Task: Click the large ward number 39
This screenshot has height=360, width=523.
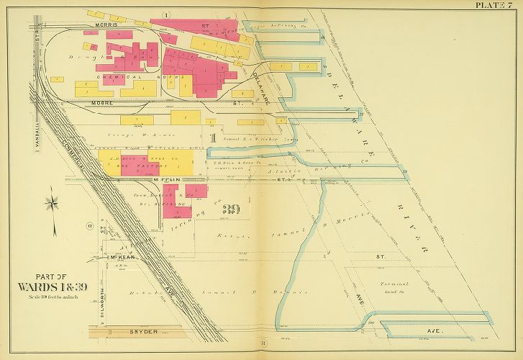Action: [x=231, y=210]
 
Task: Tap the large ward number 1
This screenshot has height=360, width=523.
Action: [x=213, y=136]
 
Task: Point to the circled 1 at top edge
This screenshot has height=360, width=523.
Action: [x=166, y=14]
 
